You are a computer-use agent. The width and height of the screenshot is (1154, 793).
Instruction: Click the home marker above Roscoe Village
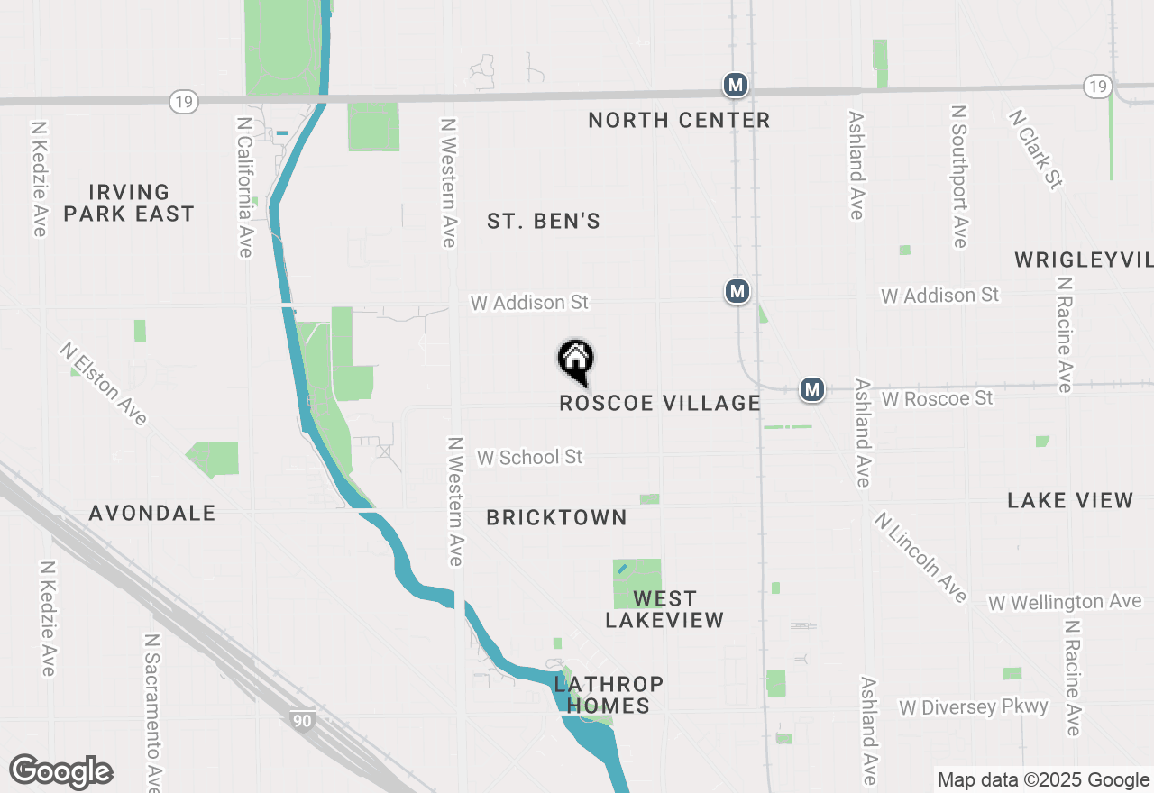[575, 360]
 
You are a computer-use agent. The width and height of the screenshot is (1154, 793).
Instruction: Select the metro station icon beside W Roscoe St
[812, 389]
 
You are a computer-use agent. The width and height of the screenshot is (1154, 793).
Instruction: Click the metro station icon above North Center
[736, 85]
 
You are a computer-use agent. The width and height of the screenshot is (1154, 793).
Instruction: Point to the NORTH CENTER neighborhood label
[679, 120]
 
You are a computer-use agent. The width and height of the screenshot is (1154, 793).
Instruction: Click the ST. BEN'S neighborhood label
[544, 221]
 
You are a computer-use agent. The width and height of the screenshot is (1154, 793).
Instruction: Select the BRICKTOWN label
[556, 517]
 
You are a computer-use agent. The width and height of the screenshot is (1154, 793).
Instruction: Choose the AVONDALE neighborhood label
[152, 513]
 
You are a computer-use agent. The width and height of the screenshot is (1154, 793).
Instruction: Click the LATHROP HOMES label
[609, 695]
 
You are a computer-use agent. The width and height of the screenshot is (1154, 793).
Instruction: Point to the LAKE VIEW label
[1070, 500]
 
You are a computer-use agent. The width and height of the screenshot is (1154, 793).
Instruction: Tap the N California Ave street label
[244, 187]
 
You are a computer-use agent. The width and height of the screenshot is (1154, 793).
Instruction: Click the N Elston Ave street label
[104, 383]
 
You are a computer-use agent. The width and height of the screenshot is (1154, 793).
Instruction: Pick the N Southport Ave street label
[958, 176]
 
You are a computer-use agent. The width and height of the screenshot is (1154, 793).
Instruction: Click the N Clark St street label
[1034, 150]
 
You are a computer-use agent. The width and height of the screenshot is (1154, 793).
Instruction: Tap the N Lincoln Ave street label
[920, 556]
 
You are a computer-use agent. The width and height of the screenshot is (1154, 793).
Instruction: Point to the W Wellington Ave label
[1065, 601]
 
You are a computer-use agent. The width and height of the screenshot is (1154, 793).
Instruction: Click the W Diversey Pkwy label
[974, 706]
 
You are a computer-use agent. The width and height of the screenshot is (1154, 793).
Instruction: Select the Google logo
[61, 772]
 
